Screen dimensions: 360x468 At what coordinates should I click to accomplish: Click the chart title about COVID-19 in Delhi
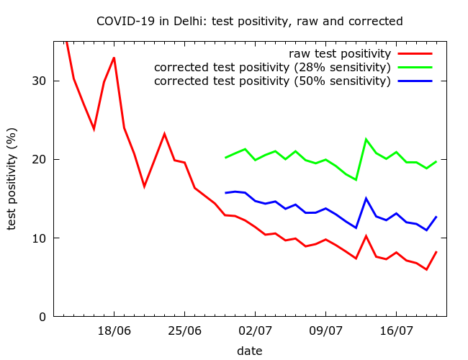pos(249,22)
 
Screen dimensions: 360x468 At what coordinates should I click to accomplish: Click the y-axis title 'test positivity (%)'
pos(12,179)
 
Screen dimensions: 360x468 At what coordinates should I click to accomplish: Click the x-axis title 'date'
pos(249,351)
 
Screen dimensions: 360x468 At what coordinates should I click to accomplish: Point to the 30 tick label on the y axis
pos(40,81)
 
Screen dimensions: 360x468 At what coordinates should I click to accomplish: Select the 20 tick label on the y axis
pos(40,159)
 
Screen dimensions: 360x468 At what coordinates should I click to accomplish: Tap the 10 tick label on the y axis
pos(40,238)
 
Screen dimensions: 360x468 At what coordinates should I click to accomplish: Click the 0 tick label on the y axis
pos(44,317)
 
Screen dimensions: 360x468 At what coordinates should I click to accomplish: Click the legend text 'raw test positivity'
pos(340,54)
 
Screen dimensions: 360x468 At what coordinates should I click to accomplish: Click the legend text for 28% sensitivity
pos(272,68)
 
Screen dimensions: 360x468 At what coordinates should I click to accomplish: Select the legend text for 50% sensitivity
pos(272,81)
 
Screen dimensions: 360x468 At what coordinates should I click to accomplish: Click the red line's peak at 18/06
pos(114,58)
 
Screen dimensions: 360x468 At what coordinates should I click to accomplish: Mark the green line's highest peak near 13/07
pos(366,139)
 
